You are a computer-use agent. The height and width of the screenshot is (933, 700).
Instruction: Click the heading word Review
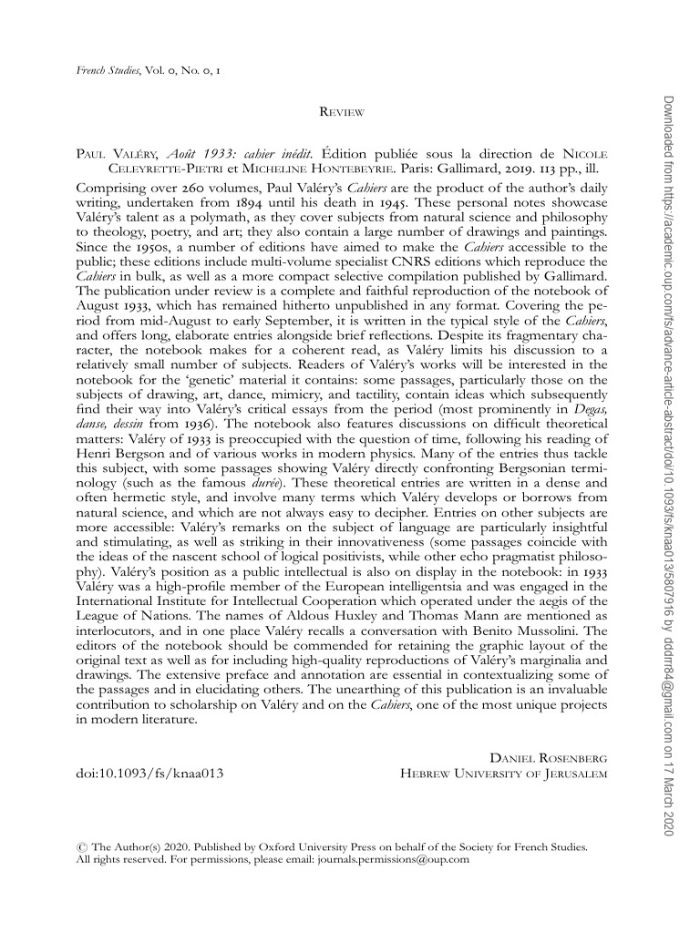[x=342, y=112]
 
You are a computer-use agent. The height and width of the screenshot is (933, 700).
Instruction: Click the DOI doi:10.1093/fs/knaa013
[x=149, y=774]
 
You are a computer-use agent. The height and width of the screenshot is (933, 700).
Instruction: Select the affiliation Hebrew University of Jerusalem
[x=504, y=774]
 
